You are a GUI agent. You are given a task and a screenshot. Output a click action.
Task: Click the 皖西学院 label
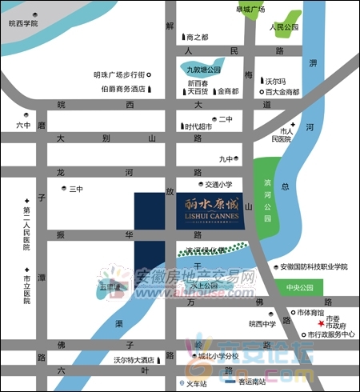point(23,24)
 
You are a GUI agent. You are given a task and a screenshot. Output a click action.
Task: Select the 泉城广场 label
point(250,9)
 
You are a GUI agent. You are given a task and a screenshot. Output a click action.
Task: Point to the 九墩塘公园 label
point(203,70)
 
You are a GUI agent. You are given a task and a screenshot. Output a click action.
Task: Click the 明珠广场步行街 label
point(118,74)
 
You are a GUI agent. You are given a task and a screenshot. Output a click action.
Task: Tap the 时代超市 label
point(198,126)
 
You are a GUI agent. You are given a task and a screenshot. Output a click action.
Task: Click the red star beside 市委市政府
point(320,324)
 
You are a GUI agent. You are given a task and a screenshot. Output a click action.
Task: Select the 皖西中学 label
point(262,324)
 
